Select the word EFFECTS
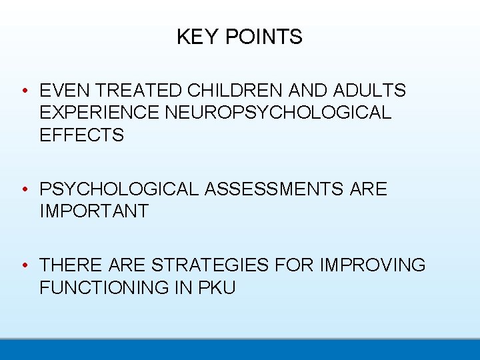pyautogui.click(x=82, y=135)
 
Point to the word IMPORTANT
pyautogui.click(x=94, y=211)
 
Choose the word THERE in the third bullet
pyautogui.click(x=70, y=265)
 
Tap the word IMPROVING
pyautogui.click(x=373, y=265)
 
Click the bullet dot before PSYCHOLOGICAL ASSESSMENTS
pyautogui.click(x=24, y=190)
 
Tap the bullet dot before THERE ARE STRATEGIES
pyautogui.click(x=24, y=266)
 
